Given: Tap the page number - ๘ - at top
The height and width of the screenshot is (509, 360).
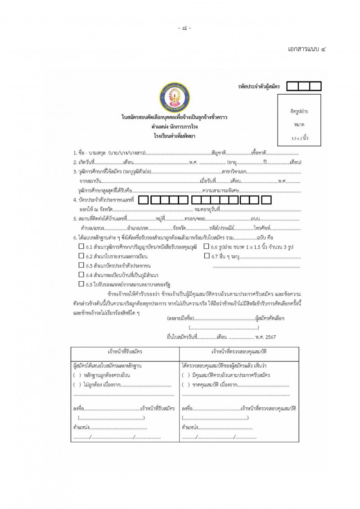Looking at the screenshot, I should tap(184, 28).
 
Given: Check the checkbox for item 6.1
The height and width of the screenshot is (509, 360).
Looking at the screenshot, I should tap(81, 246).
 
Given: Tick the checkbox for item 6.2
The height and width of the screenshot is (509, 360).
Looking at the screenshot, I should tap(81, 256).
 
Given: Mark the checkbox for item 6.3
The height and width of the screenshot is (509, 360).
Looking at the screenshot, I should tap(81, 265).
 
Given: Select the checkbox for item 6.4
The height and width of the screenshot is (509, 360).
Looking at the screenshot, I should tap(81, 275).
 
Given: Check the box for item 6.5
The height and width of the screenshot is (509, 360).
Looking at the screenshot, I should tap(81, 284).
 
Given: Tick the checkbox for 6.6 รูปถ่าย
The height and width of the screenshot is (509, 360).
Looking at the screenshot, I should tap(207, 246).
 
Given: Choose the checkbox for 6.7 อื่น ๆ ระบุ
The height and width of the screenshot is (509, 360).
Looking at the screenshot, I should tap(207, 256).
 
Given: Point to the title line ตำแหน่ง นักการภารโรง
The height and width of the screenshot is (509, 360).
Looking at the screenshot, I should tap(174, 126).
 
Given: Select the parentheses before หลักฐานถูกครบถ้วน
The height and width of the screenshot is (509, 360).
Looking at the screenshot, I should tap(76, 375).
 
